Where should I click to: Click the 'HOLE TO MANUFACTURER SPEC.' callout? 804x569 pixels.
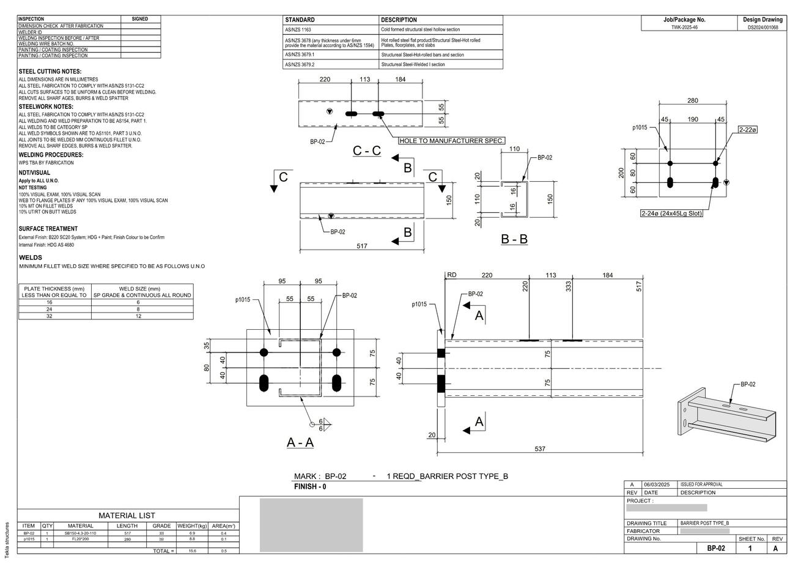tap(452, 141)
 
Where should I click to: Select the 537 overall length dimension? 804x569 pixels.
tap(540, 449)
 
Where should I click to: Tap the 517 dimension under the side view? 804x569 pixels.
tap(362, 246)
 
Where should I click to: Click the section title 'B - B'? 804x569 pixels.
tap(514, 239)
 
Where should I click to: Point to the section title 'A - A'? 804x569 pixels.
tap(300, 442)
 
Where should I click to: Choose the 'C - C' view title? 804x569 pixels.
tap(367, 151)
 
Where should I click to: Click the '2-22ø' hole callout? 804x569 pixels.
tap(748, 130)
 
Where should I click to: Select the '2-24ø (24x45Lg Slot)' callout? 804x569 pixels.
tap(671, 214)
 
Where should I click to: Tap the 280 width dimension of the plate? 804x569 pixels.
tap(693, 101)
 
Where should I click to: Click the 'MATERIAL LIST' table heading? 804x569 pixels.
tap(127, 516)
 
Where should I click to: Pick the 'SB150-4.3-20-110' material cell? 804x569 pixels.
tap(80, 534)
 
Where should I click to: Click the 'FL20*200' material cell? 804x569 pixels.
tap(80, 539)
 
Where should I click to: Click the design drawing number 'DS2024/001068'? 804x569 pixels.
tap(762, 28)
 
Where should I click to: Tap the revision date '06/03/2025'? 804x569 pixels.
tap(658, 485)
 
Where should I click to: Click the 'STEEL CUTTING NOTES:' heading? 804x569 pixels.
tap(50, 72)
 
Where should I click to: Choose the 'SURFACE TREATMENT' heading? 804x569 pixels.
tap(48, 229)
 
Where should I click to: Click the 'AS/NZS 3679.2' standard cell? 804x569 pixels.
tap(300, 64)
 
